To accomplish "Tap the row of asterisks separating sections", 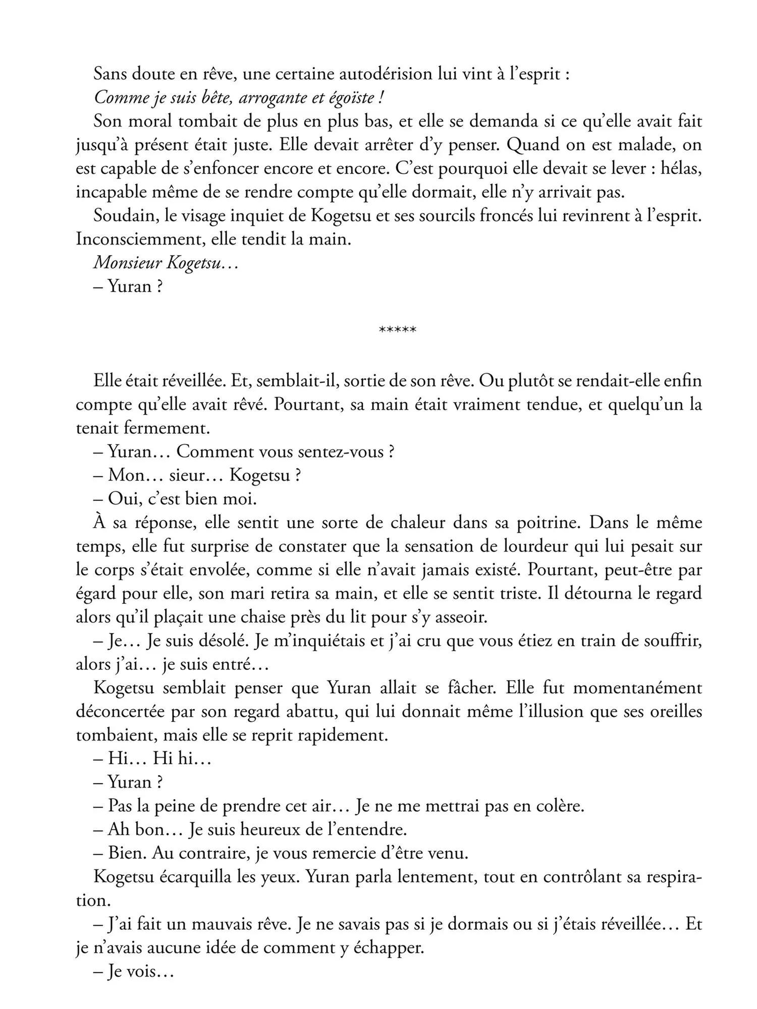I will pos(397,330).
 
